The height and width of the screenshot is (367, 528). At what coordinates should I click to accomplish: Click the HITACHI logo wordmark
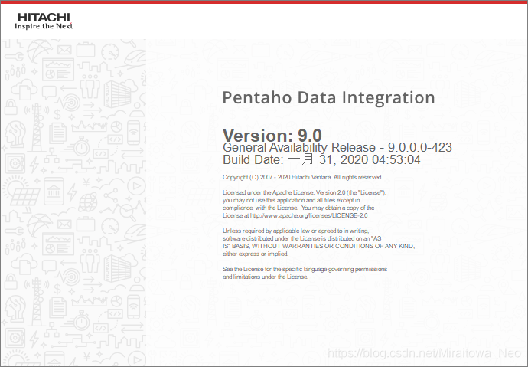(x=44, y=17)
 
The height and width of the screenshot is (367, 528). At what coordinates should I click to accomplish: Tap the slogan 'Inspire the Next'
(x=44, y=26)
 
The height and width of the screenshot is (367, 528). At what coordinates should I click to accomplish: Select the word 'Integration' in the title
(x=388, y=98)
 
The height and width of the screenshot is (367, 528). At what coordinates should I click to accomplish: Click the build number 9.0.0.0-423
(x=420, y=147)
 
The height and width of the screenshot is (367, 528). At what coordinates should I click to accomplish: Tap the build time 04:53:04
(x=396, y=159)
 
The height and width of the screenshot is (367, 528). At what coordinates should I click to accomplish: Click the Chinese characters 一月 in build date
(x=301, y=159)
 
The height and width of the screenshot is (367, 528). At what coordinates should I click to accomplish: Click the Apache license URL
(x=309, y=215)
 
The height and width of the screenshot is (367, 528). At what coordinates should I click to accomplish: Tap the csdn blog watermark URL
(x=424, y=352)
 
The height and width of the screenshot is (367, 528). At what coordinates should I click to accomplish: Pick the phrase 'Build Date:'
(x=253, y=159)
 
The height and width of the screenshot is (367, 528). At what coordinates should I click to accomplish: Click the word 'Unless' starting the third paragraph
(x=230, y=231)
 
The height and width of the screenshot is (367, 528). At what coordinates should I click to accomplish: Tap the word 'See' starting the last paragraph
(x=227, y=269)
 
